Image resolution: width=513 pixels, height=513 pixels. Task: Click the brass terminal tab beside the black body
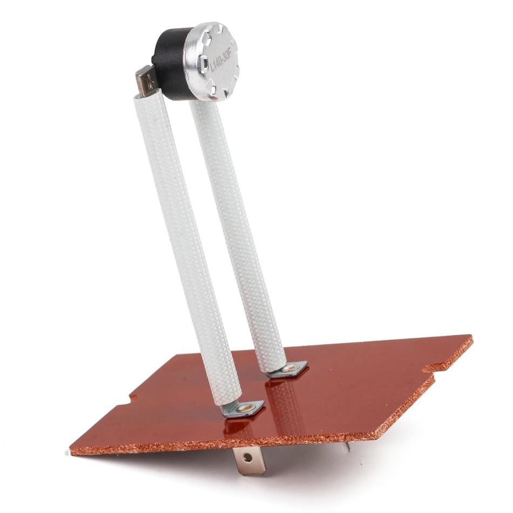[x=146, y=81]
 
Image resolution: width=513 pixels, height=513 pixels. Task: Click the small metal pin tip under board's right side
[x=348, y=446]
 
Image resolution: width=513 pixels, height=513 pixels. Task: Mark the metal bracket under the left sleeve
[x=243, y=409]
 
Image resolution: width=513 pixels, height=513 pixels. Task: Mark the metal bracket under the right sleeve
[x=288, y=369]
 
